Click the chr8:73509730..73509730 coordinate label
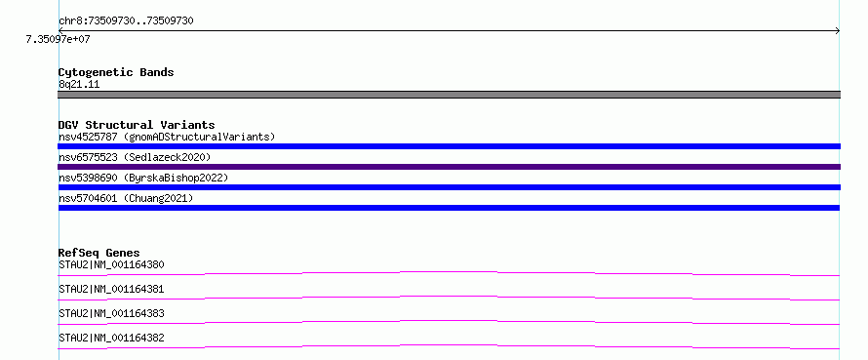pos(126,21)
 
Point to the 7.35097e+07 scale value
pos(58,39)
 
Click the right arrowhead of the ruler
pos(838,31)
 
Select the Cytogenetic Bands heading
pos(116,72)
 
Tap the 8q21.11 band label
pos(79,85)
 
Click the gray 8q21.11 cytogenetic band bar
pos(449,95)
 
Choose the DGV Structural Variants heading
pos(137,125)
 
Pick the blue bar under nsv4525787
pos(449,146)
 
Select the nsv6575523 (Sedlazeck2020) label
pos(135,157)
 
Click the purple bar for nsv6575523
pos(449,167)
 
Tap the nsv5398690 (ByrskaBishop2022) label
pos(143,178)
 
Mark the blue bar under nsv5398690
pos(449,187)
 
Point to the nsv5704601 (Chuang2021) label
pos(126,198)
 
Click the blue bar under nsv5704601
pos(449,208)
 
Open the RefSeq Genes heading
pos(99,254)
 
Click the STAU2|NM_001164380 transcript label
pos(111,264)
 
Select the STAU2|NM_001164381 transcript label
pos(111,289)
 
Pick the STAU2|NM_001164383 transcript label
pos(111,313)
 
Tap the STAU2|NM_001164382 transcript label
pos(111,338)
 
